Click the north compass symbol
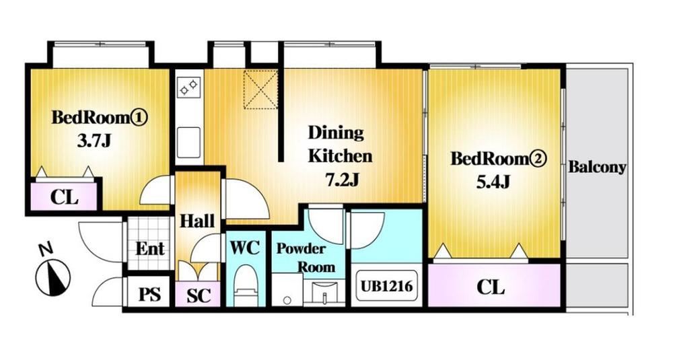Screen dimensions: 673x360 [x=52, y=278]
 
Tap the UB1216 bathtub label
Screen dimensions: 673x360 [x=386, y=286]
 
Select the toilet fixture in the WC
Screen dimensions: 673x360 [x=246, y=285]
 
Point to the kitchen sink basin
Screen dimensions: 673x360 [x=189, y=141]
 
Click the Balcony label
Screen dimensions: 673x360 [x=597, y=167]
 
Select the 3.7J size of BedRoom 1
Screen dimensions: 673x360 [x=94, y=141]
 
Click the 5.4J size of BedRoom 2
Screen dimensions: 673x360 [x=493, y=183]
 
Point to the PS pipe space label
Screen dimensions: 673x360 [x=150, y=295]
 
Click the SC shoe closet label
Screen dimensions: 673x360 [x=199, y=295]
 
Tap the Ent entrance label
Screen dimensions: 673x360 [x=150, y=249]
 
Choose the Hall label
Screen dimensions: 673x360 [x=197, y=221]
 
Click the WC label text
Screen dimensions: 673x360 [x=245, y=248]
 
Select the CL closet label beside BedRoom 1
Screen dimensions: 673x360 [x=65, y=197]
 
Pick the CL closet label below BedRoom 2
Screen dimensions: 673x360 [x=491, y=287]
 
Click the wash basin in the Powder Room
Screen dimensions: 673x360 [x=324, y=293]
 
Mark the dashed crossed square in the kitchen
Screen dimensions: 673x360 [x=260, y=89]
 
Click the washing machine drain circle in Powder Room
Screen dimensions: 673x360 [x=287, y=300]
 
